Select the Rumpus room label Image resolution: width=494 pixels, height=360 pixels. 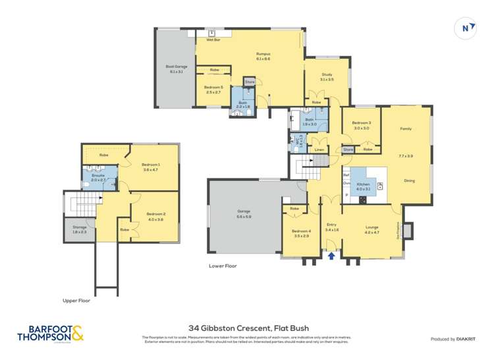pyautogui.click(x=263, y=57)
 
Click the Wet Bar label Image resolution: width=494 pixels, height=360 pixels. pyautogui.click(x=213, y=40)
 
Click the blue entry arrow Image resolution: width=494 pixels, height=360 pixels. pyautogui.click(x=331, y=255)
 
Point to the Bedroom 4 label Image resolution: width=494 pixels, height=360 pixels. pyautogui.click(x=301, y=233)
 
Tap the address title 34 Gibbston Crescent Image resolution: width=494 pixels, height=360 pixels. pyautogui.click(x=248, y=327)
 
